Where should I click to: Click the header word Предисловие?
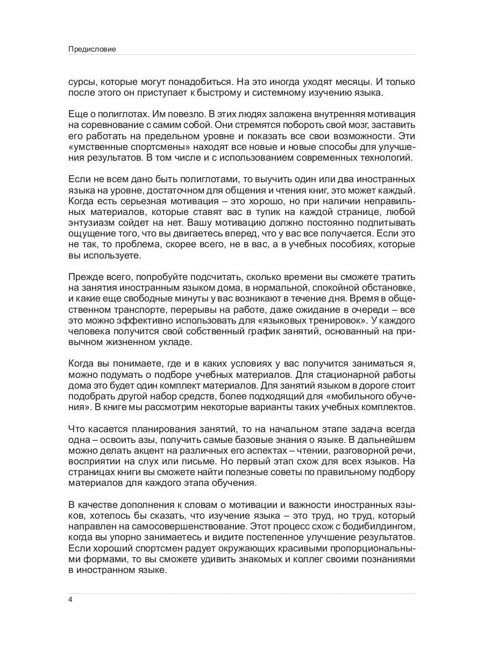click(x=92, y=49)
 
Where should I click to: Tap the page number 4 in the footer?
click(x=71, y=600)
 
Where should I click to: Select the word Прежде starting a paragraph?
click(x=87, y=277)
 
